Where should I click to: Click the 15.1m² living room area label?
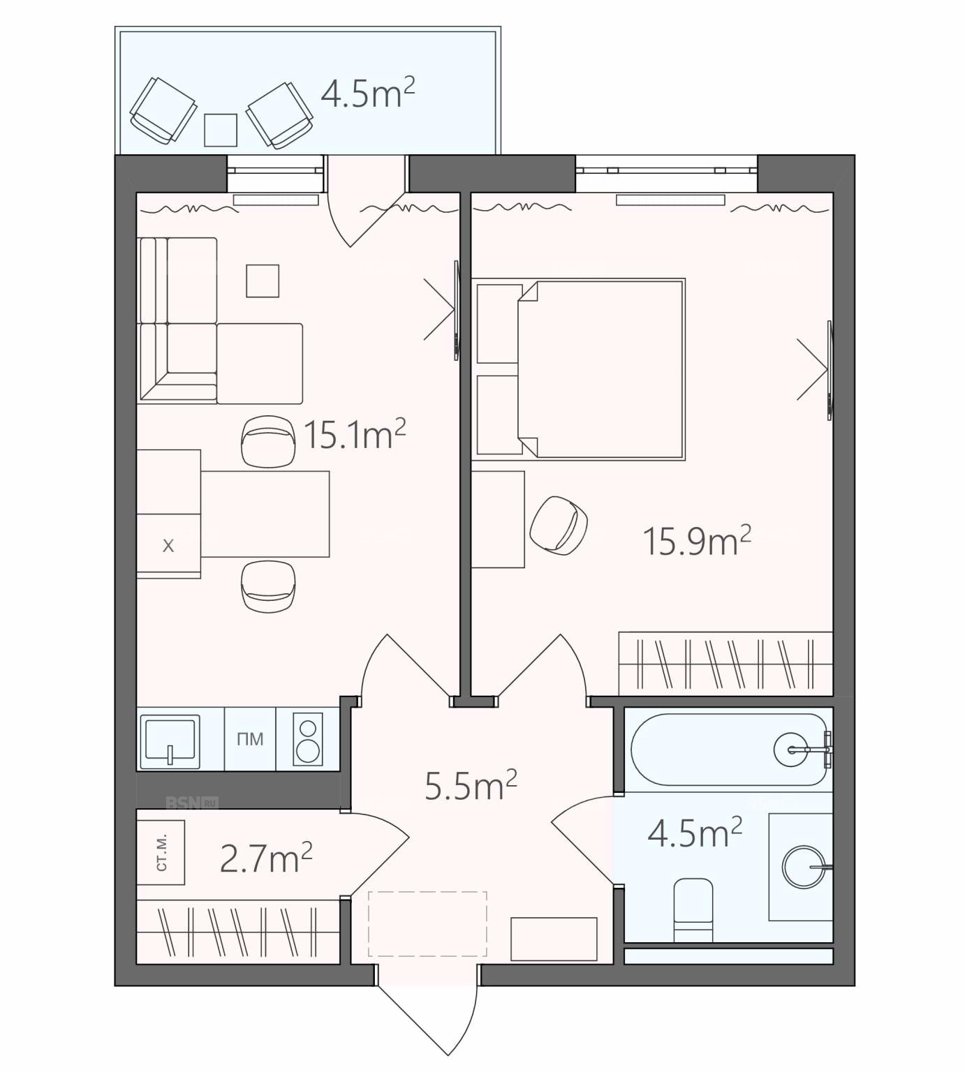coord(355,434)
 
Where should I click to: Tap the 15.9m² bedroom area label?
coord(696,541)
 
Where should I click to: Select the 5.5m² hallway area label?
coord(471,785)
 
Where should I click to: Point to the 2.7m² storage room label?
coord(265,858)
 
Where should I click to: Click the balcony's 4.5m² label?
coord(367,92)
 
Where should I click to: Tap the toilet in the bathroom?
coord(693,909)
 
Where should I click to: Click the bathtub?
coord(729,750)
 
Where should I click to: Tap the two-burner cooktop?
coord(307,739)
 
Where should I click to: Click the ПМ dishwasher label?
coord(250,738)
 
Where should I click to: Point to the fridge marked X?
coord(168,546)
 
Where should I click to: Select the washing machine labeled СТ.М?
coord(161,852)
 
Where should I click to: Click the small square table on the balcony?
coord(221,130)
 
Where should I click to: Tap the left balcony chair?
coord(163,111)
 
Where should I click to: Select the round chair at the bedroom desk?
coord(559,526)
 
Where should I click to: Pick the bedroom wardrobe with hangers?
coord(725,663)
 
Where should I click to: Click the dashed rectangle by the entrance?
coord(427,923)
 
